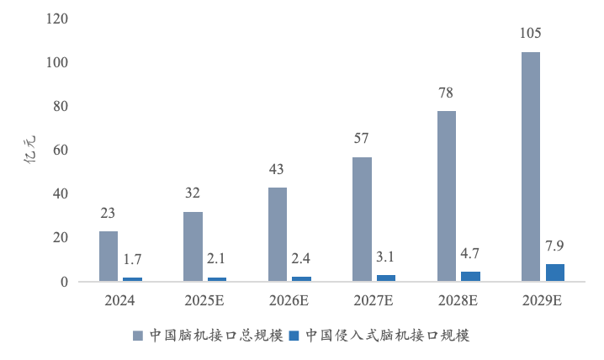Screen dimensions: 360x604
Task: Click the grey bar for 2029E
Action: tap(530, 167)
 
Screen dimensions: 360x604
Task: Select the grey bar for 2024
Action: tap(109, 256)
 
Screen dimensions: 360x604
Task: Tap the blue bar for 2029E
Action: tap(554, 272)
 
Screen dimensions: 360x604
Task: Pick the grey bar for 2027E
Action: tap(362, 219)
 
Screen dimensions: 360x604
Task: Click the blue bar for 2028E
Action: tap(469, 276)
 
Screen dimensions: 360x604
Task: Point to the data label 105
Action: tap(531, 34)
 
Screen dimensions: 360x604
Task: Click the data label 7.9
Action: tap(554, 246)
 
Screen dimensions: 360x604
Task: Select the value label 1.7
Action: tap(132, 259)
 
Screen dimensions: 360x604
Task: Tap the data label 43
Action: tap(278, 169)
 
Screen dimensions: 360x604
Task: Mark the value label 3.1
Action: tap(385, 257)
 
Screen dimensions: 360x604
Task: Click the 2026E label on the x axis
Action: tap(289, 299)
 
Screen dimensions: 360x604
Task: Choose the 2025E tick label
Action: tap(204, 299)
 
